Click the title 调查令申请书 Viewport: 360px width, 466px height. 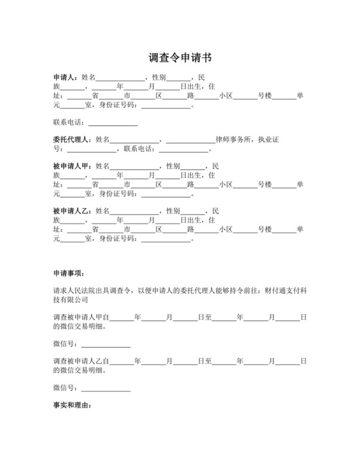click(180, 58)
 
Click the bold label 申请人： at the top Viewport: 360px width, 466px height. click(66, 77)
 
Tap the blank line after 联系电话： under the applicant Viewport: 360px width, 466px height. click(113, 122)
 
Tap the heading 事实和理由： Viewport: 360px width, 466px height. click(73, 406)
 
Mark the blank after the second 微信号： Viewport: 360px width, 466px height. click(105, 388)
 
